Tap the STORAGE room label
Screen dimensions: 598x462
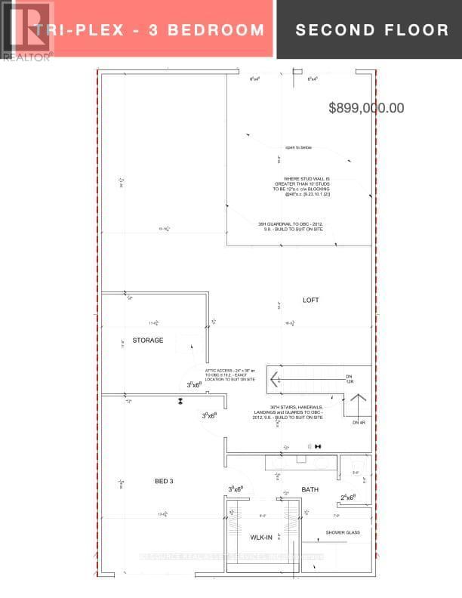tap(148, 341)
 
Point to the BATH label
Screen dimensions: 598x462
tap(310, 489)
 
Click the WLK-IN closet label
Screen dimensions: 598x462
tap(262, 537)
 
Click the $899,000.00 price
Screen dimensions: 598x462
tap(366, 108)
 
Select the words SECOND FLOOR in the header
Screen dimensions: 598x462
tap(371, 30)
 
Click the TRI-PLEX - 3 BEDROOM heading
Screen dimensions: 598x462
tap(149, 30)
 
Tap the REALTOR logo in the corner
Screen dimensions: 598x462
tap(26, 31)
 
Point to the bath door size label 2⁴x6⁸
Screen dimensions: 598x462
tap(348, 498)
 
